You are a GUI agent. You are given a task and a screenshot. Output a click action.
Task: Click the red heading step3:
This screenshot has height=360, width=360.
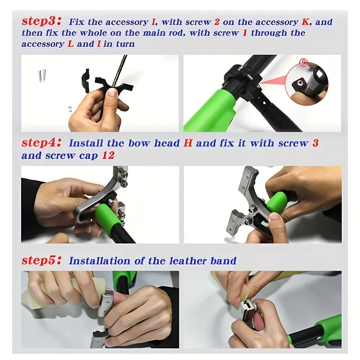41,21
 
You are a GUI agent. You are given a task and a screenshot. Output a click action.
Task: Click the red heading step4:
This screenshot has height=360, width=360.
41,143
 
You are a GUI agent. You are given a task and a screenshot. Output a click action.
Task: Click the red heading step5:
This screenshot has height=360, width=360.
41,261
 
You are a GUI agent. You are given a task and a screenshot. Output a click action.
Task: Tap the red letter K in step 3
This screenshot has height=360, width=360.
306,22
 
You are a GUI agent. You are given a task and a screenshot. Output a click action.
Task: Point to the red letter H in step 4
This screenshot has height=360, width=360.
188,143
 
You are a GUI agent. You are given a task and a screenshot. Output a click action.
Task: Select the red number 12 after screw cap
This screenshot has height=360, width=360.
108,155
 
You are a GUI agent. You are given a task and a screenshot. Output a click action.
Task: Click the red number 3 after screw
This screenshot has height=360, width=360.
315,143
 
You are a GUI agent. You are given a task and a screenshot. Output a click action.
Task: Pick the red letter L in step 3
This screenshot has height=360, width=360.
71,44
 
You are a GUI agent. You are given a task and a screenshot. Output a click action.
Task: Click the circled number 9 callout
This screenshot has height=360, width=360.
303,63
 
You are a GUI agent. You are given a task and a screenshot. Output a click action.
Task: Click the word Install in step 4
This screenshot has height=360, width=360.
85,143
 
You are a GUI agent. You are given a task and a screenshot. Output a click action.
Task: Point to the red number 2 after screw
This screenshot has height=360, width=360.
217,22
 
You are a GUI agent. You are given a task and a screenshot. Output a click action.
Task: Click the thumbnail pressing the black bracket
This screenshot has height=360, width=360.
112,93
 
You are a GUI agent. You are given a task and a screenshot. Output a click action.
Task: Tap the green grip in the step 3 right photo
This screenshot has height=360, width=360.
210,110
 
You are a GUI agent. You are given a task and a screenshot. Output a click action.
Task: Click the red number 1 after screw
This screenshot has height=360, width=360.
245,33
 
